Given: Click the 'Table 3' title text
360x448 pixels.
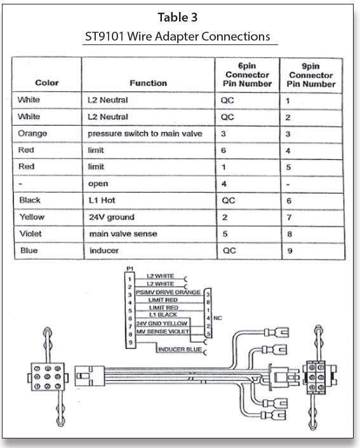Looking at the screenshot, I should (180, 16).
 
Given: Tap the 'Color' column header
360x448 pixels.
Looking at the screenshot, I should (46, 82).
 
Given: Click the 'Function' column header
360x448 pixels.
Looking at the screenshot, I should (149, 82).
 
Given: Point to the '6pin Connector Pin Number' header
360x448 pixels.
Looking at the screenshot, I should (248, 75).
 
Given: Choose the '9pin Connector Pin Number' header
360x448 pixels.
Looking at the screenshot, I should (311, 75).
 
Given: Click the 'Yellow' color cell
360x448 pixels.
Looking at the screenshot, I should (32, 217).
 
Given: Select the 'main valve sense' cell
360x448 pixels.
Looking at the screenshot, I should (122, 234).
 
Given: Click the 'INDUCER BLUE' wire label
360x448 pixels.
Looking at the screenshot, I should (180, 348).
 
